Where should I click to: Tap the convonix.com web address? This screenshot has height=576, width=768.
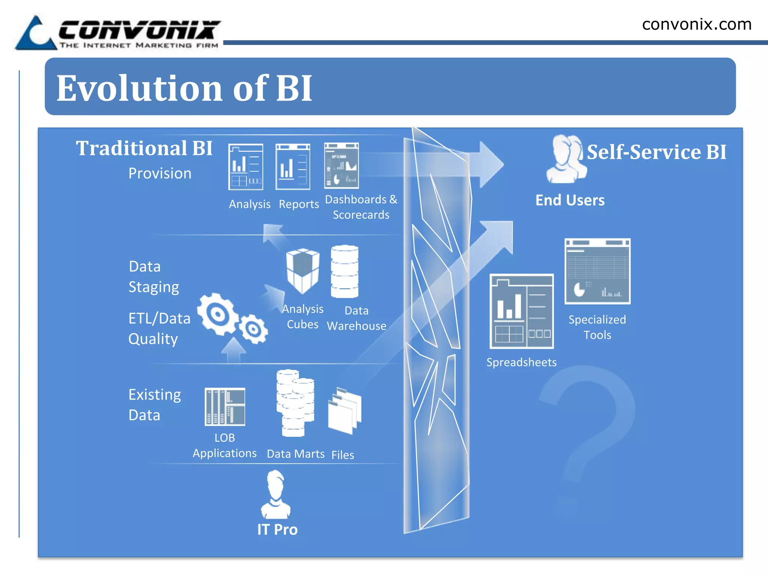pos(697,25)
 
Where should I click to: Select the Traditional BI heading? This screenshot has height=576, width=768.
pos(144,148)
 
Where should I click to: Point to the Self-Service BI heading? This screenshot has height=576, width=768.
pos(656,152)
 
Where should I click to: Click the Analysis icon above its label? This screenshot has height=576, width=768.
pos(246,167)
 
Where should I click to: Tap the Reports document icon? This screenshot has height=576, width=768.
pos(292,167)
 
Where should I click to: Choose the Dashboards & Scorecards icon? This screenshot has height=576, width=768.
pos(341,165)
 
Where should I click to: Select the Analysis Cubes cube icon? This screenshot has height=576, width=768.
pos(303,270)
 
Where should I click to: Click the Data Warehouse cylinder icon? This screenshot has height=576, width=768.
pos(345,271)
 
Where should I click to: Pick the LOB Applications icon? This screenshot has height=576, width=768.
pos(225,407)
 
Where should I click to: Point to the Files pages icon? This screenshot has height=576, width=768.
pos(344,411)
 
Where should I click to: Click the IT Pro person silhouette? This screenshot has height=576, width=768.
pos(276,495)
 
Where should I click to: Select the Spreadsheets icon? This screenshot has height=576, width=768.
pos(522,311)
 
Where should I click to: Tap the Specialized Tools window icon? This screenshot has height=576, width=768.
pos(597,271)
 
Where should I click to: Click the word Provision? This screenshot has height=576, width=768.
pos(160,174)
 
